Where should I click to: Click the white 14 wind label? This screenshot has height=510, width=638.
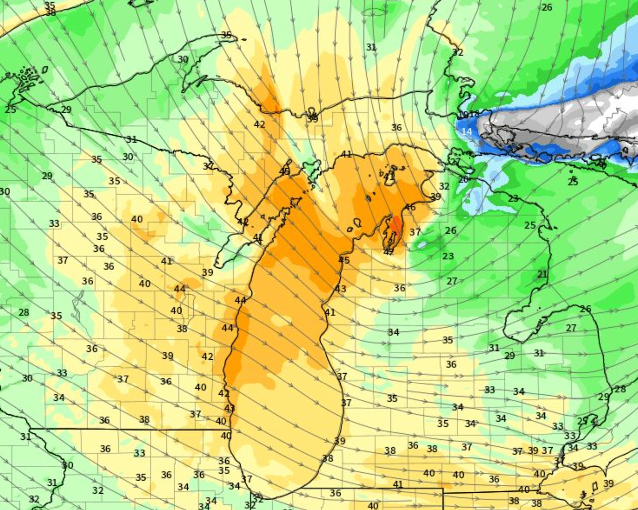click(467, 132)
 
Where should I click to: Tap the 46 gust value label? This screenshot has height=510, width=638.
click(410, 207)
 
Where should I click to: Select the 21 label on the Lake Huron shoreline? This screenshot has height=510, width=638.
click(542, 274)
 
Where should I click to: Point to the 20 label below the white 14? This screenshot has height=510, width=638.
click(463, 179)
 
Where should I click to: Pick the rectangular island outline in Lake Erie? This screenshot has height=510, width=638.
click(594, 486)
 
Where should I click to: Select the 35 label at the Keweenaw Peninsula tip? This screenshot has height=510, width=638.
click(226, 35)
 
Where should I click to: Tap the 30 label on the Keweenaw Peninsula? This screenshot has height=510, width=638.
click(183, 59)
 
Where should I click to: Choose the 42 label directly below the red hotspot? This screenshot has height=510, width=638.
click(389, 252)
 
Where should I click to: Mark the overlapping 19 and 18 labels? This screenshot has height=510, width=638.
click(469, 114)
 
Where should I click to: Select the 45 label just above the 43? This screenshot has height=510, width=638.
click(344, 260)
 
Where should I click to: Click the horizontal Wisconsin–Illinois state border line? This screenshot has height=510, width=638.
click(130, 429)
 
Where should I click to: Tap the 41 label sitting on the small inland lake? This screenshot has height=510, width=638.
click(389, 176)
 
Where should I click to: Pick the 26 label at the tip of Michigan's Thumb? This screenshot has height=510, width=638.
click(585, 309)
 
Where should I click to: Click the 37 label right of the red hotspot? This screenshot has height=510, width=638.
click(415, 232)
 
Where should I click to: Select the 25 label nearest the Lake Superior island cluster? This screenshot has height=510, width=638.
click(11, 109)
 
